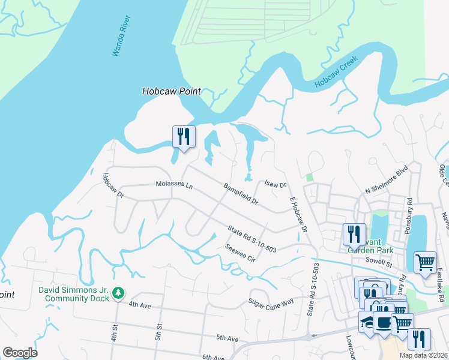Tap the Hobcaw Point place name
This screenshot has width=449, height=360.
[x=170, y=92]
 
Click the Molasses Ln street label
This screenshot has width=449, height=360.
[x=174, y=185]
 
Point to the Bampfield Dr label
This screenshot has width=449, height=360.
[x=241, y=194]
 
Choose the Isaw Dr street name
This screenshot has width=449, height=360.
[x=276, y=185]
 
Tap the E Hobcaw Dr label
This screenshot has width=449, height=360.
[x=298, y=215]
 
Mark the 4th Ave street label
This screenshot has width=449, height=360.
[x=139, y=304]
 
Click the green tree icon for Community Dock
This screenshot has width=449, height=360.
[x=119, y=292]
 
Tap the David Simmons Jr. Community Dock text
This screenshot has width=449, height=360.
[x=74, y=293]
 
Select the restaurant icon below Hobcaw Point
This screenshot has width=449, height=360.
[x=184, y=136]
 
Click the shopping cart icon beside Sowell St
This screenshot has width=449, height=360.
[x=425, y=262]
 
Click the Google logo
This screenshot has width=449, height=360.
[x=20, y=353]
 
